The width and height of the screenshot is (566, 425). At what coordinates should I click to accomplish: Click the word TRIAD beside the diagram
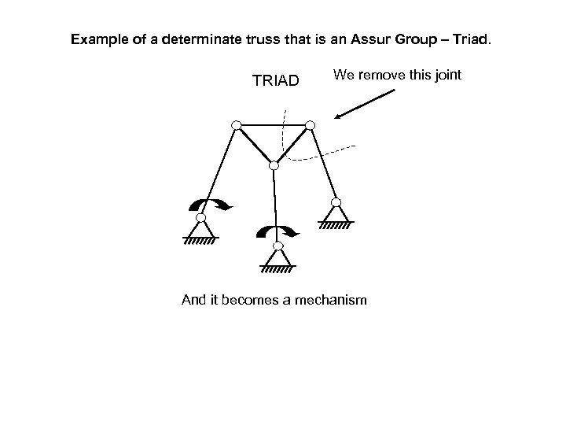[x=275, y=80]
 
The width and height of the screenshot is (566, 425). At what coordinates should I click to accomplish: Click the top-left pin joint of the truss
[x=235, y=125]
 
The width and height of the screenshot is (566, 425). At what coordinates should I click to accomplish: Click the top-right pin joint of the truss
[x=310, y=125]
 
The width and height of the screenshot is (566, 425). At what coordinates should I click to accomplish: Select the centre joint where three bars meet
[x=274, y=166]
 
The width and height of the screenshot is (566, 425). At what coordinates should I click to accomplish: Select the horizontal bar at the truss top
[x=272, y=125]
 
